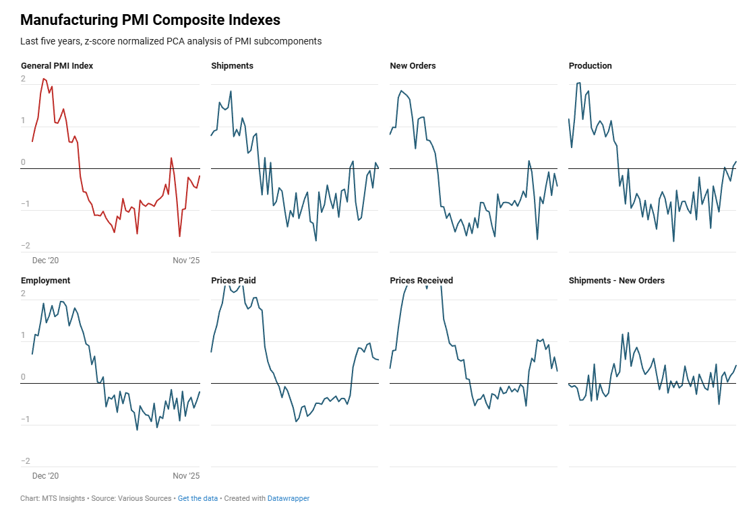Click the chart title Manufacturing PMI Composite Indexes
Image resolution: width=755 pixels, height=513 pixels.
point(150,20)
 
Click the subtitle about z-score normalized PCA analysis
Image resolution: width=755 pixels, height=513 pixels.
point(171,41)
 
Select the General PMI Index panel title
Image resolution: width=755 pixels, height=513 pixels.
point(57,66)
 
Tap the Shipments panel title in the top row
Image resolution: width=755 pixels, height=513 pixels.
point(233,66)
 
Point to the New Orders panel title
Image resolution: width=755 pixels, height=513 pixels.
point(413,66)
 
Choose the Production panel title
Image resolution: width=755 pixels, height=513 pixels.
point(591,66)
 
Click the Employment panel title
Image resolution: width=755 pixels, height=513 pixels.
point(46,281)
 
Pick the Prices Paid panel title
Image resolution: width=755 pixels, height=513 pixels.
point(233,281)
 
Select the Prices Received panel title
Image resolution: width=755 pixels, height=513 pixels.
point(421,281)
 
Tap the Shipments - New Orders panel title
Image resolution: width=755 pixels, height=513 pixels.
point(617,281)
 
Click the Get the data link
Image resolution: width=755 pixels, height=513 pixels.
point(198,499)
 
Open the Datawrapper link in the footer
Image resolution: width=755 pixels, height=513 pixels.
point(289,499)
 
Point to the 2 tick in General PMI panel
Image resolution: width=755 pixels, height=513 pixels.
point(24,79)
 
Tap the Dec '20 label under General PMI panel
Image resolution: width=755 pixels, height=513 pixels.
point(46,261)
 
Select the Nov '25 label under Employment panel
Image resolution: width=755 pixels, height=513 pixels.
point(186,476)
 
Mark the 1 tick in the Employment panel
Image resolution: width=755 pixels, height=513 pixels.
point(24,335)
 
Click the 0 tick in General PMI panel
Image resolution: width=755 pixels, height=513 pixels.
point(24,162)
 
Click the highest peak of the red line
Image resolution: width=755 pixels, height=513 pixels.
point(43,79)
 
